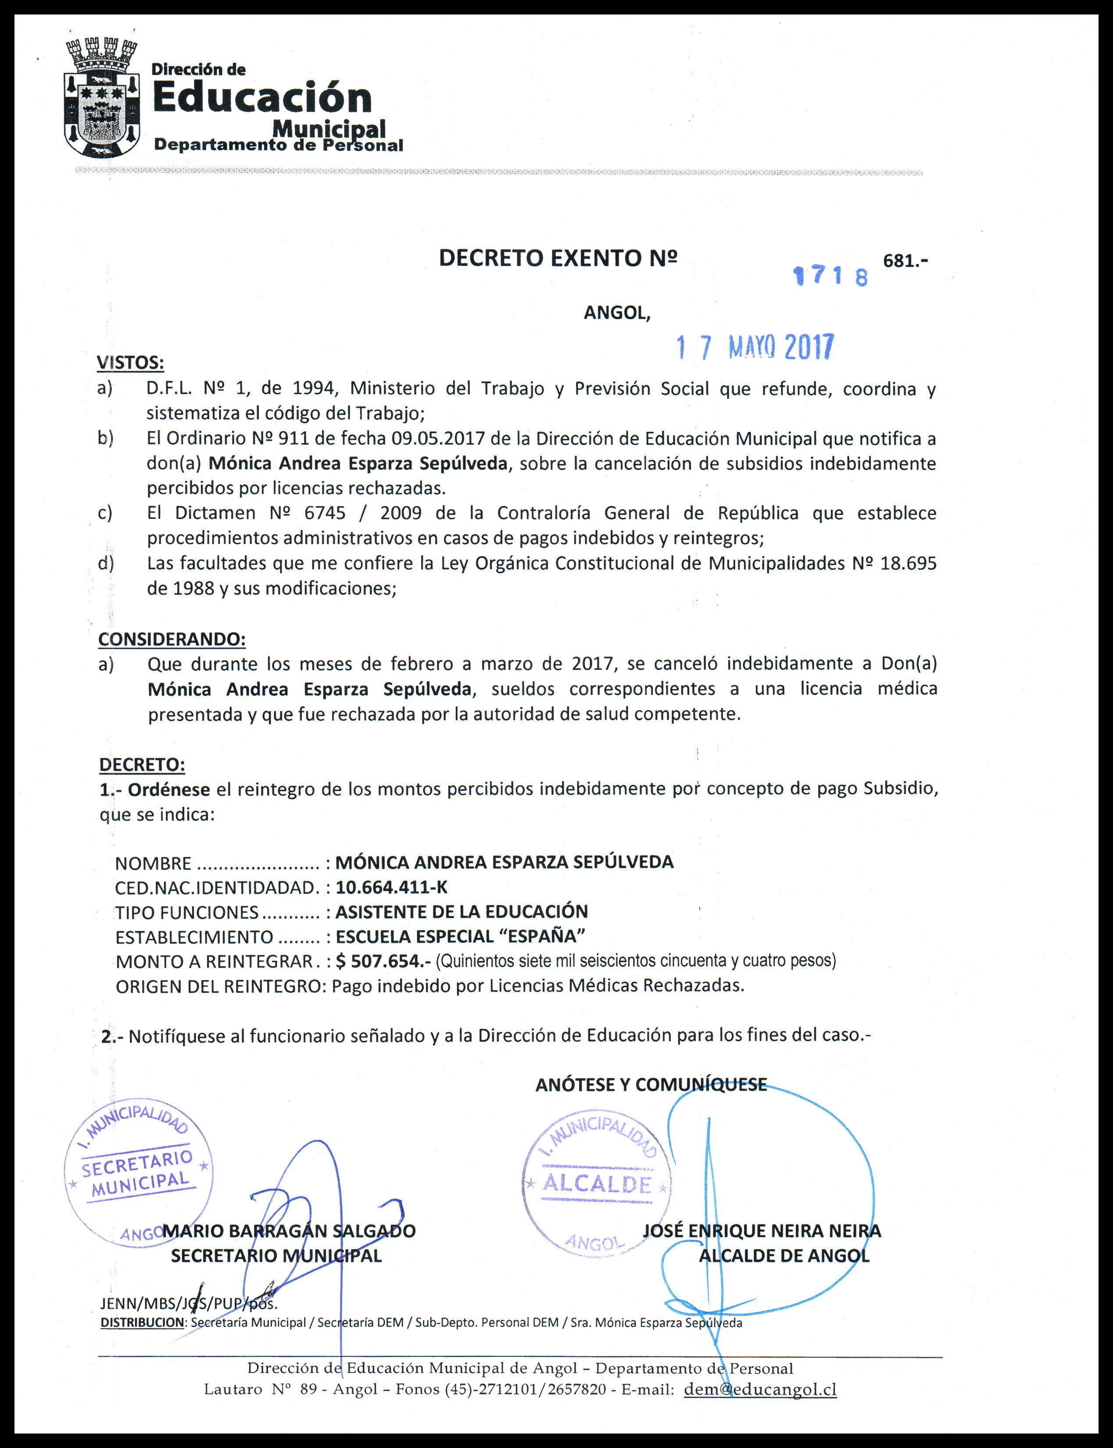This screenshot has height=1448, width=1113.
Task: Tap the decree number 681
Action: pos(904,260)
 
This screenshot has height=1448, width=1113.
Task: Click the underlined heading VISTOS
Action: pos(130,363)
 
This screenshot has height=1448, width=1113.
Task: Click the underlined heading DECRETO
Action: pos(142,764)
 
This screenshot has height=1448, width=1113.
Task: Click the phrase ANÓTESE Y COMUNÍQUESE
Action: pos(651,1085)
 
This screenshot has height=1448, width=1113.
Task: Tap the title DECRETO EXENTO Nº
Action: pos(558,259)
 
